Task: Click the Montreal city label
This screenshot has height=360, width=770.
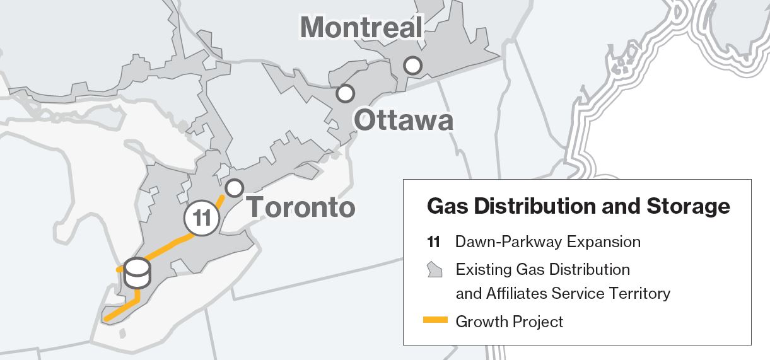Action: point(361,27)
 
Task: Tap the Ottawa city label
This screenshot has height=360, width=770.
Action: point(404,120)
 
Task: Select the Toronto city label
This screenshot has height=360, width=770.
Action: point(301,207)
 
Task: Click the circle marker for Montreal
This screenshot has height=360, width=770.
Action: point(413,65)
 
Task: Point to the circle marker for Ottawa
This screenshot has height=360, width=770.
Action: point(345,93)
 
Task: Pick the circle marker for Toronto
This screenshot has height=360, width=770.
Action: point(234,187)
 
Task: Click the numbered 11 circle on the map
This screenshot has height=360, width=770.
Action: point(202,219)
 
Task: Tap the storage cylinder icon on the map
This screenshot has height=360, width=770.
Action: point(138,273)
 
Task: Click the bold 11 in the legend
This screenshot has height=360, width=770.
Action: point(433,242)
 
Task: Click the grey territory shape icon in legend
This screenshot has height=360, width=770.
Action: point(434,270)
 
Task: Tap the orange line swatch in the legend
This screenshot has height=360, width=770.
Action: point(435,321)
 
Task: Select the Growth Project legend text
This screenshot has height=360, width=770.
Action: point(509,322)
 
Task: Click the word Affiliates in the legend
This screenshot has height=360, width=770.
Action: point(517,293)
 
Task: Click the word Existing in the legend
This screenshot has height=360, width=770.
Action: point(482,270)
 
